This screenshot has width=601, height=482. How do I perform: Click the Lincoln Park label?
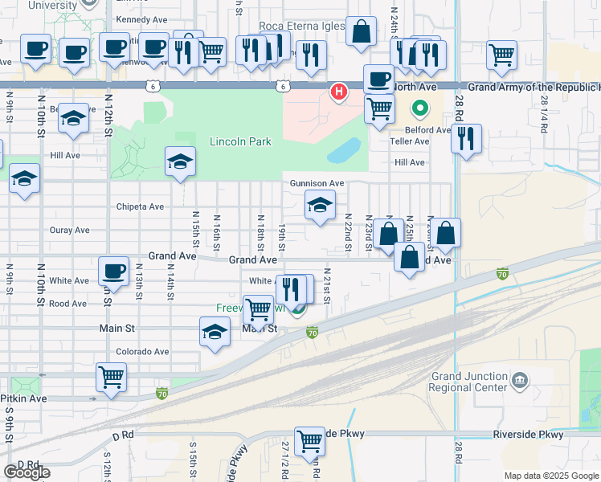tap(240, 142)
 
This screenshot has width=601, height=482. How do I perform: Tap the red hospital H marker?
tap(339, 92)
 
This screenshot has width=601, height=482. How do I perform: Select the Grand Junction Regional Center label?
tap(470, 382)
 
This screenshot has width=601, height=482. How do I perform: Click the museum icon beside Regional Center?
tap(520, 378)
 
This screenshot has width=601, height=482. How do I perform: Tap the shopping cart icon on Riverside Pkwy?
tap(309, 440)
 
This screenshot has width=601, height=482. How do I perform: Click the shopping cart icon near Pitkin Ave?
tap(110, 376)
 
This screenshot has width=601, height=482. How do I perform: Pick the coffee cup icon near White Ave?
tap(113, 271)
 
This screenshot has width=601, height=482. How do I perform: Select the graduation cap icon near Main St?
tap(215, 332)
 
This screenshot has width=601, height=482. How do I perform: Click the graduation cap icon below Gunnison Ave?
tap(320, 206)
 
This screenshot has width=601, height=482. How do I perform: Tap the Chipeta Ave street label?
tap(140, 206)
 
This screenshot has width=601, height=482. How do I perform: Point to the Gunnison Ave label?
tap(317, 183)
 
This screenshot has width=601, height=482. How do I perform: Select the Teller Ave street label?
tap(410, 141)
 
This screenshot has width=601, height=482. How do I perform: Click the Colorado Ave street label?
tap(142, 352)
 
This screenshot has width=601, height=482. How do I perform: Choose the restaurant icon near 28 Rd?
tap(466, 139)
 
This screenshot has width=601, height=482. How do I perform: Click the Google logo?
tap(27, 472)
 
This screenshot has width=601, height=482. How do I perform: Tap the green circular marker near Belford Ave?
tap(419, 108)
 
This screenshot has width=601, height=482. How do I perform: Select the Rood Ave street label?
tap(67, 304)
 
